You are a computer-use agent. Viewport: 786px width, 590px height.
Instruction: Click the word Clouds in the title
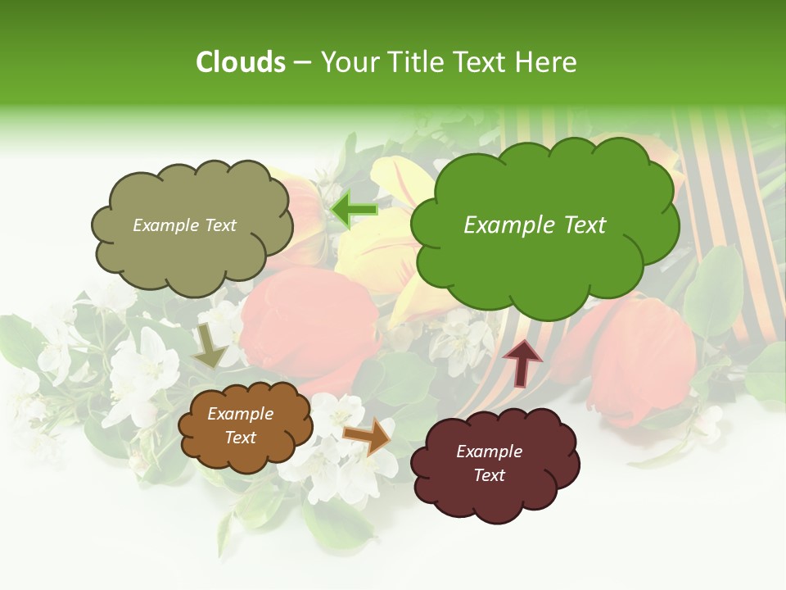click(241, 62)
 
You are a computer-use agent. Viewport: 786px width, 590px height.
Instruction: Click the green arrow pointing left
click(355, 211)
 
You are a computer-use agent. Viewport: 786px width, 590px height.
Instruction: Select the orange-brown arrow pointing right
click(367, 435)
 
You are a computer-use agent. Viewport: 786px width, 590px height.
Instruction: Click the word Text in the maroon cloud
click(490, 475)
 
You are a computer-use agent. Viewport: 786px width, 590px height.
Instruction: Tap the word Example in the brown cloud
click(241, 415)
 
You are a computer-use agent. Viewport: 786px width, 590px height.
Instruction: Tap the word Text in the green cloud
click(583, 225)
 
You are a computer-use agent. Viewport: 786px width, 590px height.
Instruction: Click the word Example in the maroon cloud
click(490, 452)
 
